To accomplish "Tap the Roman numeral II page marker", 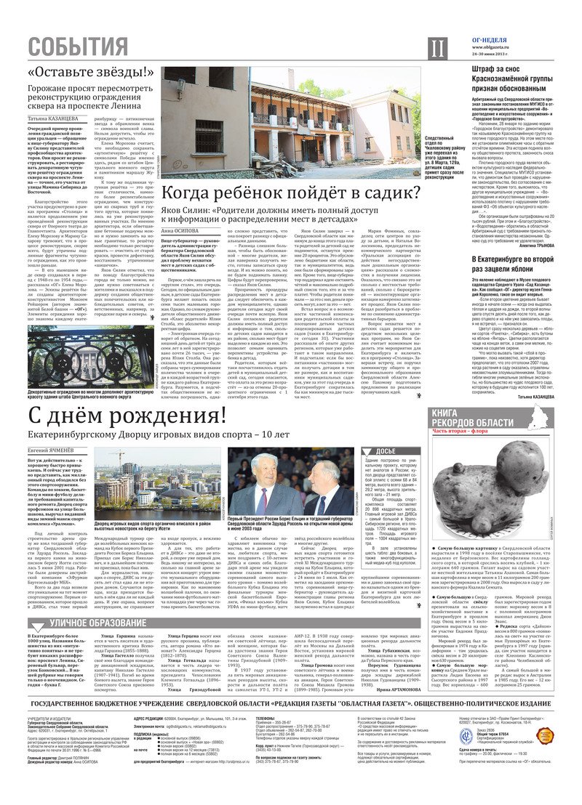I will pos(436,49).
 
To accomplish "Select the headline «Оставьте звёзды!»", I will pos(92,73).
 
